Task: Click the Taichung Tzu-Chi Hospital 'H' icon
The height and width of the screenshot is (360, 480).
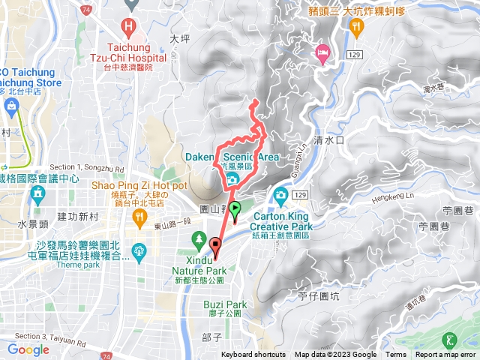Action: point(129,28)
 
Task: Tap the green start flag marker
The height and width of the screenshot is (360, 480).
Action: point(235,210)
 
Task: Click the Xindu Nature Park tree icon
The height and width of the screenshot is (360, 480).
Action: point(199,240)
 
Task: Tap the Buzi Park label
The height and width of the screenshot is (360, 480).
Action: point(225,304)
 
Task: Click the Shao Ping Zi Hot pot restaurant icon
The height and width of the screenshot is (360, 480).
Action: point(139,217)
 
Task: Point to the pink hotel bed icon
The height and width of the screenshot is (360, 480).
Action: point(322,52)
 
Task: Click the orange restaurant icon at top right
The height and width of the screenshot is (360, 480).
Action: point(355,25)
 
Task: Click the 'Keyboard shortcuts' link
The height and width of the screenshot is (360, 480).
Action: point(253,355)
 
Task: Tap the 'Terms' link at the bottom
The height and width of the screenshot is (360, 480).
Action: point(396,355)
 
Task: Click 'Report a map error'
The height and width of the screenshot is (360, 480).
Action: point(447,355)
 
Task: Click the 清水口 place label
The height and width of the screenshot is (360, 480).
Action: point(328,139)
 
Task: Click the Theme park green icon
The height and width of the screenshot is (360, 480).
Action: point(139,250)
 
